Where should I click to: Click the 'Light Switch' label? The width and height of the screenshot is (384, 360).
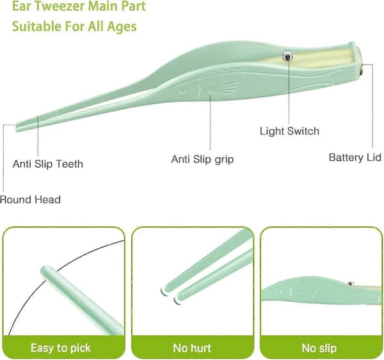[x=289, y=131]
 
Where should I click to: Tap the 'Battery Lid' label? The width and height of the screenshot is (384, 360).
[x=355, y=157]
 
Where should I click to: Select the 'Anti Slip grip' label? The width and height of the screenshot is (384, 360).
[x=202, y=159]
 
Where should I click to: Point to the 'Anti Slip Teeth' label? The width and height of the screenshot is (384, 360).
[x=48, y=164]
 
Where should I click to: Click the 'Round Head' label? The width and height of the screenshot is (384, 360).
[x=30, y=200]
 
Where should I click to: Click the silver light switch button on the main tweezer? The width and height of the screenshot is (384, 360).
[x=287, y=56]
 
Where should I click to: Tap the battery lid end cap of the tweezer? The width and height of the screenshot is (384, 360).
[x=360, y=61]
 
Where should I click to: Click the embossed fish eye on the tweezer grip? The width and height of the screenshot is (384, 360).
[x=182, y=92]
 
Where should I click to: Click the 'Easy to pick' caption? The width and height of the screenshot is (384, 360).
[x=61, y=348]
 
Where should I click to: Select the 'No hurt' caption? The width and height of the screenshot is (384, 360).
[x=192, y=348]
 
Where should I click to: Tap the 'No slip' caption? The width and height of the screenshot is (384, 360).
[x=319, y=348]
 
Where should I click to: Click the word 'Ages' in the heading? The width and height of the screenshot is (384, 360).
[x=122, y=26]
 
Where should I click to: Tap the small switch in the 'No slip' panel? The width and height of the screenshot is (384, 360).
[x=351, y=284]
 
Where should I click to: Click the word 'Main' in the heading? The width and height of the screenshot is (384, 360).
[x=104, y=6]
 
